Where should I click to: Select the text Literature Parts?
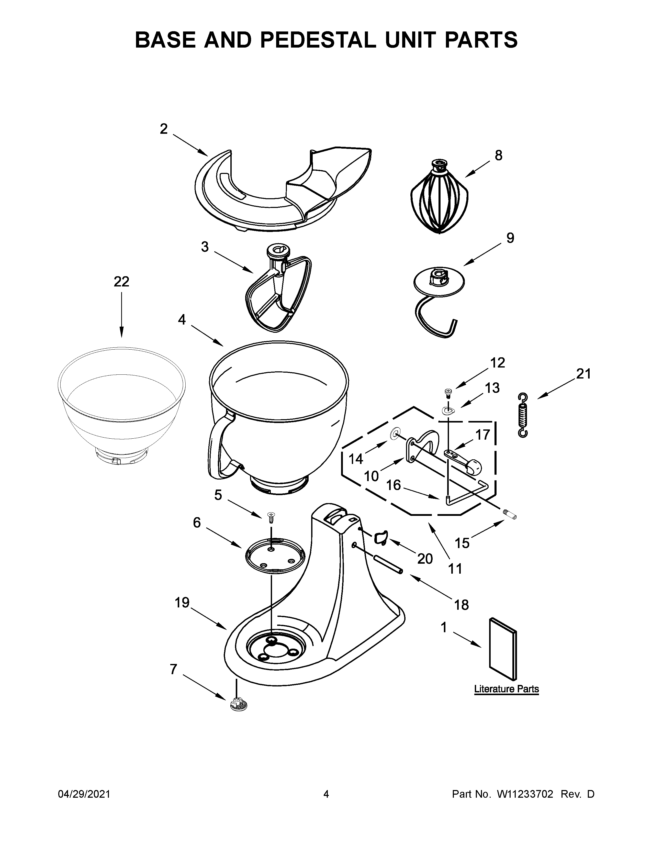click(506, 689)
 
